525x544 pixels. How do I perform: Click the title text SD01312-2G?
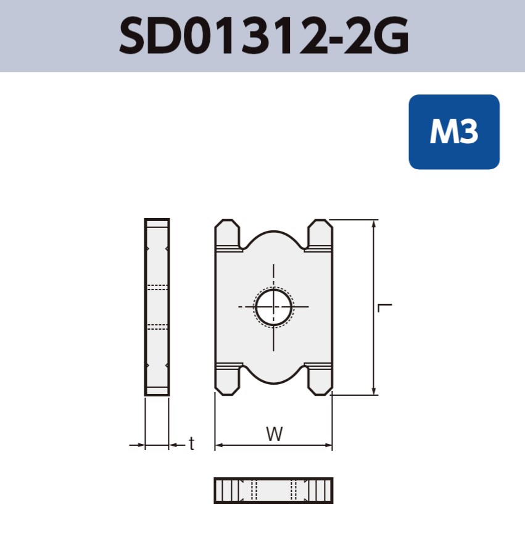263,36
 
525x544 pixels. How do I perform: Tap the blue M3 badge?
453,132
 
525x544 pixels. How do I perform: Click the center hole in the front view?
274,307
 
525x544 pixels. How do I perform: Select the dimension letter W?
275,433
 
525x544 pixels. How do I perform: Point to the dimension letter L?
386,307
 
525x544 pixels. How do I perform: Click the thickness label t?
191,443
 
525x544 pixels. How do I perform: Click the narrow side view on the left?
157,307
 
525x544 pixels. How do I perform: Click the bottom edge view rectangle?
273,490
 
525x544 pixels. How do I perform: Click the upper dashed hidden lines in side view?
157,287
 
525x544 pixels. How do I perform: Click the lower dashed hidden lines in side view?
157,325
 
